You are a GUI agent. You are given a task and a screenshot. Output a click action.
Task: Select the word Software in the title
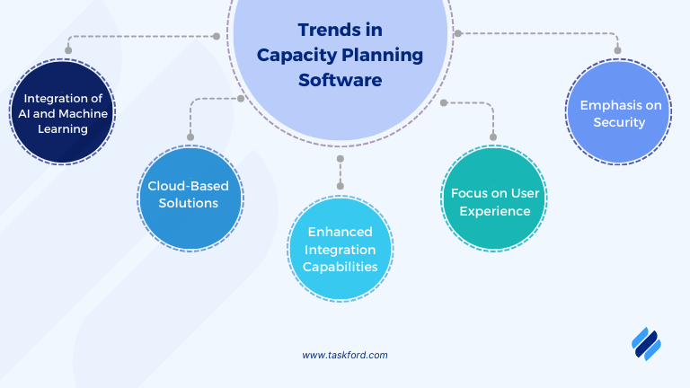click(x=340, y=80)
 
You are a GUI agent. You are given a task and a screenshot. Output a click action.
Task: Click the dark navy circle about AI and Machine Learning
click(x=61, y=113)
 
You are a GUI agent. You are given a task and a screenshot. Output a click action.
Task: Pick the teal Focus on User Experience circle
click(x=491, y=202)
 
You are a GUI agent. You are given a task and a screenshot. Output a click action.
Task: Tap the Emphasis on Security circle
click(x=619, y=112)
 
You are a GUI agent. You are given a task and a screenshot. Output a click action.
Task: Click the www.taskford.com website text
click(x=345, y=355)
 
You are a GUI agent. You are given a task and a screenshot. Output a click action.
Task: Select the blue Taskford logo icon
click(x=646, y=343)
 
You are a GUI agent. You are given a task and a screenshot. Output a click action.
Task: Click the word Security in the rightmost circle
click(x=619, y=122)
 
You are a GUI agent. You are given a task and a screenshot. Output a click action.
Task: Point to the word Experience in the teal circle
click(x=491, y=211)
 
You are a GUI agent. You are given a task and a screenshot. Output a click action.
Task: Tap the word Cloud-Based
click(x=189, y=186)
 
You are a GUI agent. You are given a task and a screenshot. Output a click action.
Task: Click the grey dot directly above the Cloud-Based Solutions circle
click(x=190, y=137)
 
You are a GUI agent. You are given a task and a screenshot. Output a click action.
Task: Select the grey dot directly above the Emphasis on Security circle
click(x=618, y=50)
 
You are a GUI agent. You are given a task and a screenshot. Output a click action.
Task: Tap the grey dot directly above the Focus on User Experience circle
click(x=492, y=137)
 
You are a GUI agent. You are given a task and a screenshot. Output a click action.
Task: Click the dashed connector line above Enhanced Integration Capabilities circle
click(x=341, y=172)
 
